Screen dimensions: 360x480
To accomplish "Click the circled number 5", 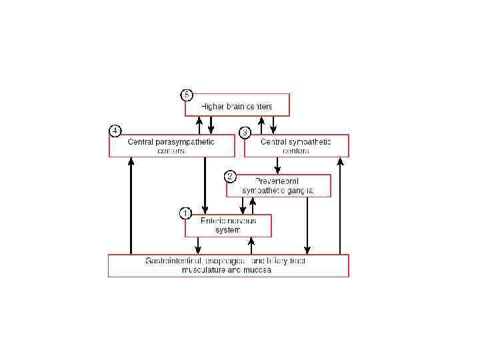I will pos(187,95).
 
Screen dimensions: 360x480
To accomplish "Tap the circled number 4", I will pos(115,131).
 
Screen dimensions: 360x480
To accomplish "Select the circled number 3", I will pos(245,132).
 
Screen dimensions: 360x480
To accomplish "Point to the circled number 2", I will pos(230,177).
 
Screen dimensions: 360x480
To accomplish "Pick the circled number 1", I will pos(187,213).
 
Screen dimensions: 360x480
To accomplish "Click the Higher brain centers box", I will pos(237,105).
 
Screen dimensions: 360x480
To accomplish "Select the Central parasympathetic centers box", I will pos(172,146).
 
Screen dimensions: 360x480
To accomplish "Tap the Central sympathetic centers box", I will pos(296,146).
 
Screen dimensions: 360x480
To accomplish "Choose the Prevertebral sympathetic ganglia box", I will pos(279,185).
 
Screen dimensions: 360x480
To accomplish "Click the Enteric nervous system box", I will pos(228,225).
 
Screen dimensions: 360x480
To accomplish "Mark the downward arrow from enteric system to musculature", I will pos(197,245).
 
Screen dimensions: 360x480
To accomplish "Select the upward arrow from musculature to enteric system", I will pos(251,245).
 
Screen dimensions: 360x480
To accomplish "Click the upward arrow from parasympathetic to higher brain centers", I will pos(199,125).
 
